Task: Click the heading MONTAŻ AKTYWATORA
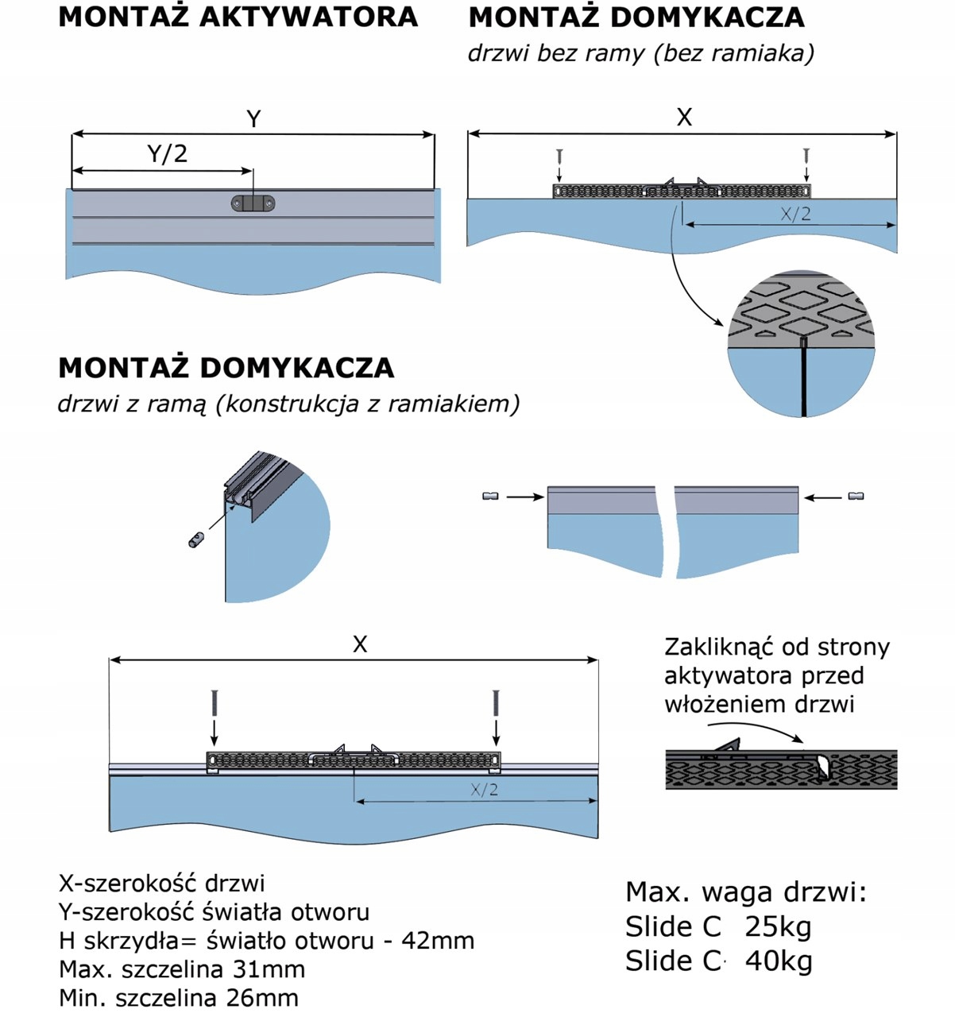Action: pos(238,17)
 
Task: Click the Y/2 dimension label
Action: pos(168,153)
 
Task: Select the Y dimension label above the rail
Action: pos(253,119)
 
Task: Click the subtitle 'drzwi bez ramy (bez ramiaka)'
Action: pos(640,53)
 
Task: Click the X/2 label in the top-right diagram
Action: pos(795,213)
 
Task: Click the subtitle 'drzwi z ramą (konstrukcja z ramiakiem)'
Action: pos(288,404)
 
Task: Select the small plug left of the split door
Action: pos(490,497)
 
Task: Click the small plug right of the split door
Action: pos(856,497)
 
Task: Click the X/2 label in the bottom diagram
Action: pos(484,789)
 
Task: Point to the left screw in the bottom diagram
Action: pos(214,703)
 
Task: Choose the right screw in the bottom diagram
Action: pos(497,703)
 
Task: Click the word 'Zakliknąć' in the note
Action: pos(718,647)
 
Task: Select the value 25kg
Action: pos(778,926)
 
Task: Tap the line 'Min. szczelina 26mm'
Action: pos(179,998)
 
